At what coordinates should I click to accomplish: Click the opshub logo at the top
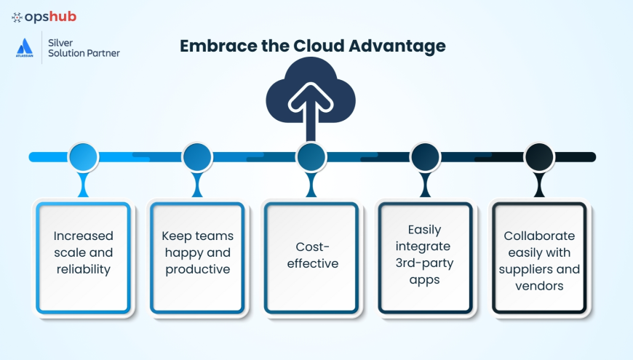pos(44,17)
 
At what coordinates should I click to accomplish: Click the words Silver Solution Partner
pos(83,48)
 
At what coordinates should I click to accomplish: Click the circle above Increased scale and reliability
pos(83,157)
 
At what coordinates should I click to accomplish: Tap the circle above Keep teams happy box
pos(196,157)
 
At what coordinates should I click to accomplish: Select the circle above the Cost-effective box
pos(311,157)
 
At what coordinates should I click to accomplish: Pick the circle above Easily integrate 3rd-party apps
pos(425,157)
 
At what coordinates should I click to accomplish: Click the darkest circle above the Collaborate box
pos(539,157)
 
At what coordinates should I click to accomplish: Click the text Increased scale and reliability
pos(83,252)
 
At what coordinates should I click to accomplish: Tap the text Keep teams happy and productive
pos(196,252)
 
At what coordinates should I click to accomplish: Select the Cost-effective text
pos(312,255)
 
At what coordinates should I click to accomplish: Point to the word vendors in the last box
pos(539,286)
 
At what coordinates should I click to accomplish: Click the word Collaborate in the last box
pos(539,236)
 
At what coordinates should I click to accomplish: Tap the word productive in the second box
pos(198,269)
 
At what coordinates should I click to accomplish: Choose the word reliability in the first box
pos(83,269)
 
